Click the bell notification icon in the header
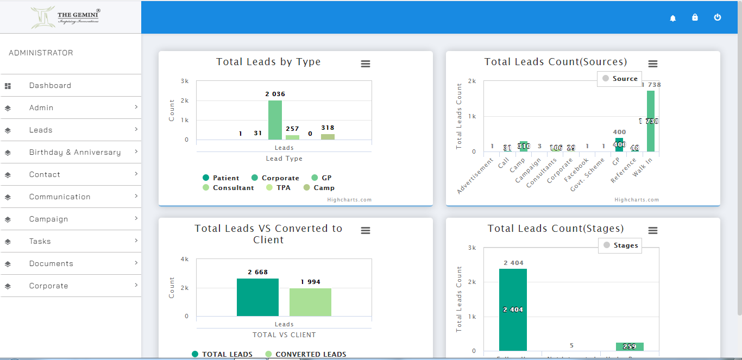[673, 18]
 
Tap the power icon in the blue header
[718, 17]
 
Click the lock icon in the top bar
[695, 17]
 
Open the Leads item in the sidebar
[41, 130]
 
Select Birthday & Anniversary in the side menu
[75, 153]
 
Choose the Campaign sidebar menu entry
[49, 219]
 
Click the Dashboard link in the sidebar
[50, 86]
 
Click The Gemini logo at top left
[66, 17]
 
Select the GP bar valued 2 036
[275, 121]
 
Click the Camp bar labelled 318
[328, 137]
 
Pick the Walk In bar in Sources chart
[650, 121]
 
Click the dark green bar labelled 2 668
[257, 298]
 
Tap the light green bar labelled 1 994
[310, 302]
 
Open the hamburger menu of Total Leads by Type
[366, 64]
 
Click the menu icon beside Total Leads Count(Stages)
[653, 231]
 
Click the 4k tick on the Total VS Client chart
[185, 259]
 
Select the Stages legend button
[620, 245]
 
